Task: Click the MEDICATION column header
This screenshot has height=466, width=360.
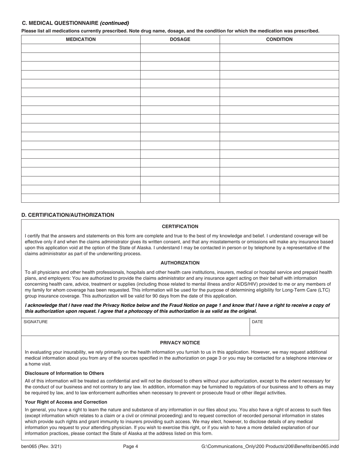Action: pyautogui.click(x=81, y=39)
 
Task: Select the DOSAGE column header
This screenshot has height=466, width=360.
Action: pyautogui.click(x=180, y=39)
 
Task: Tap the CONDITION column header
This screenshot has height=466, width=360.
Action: pyautogui.click(x=279, y=39)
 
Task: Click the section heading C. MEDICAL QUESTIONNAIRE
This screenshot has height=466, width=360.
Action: pyautogui.click(x=60, y=23)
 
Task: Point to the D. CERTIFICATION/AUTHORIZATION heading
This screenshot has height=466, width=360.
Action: pyautogui.click(x=68, y=215)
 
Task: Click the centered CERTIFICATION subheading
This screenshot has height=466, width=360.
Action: pyautogui.click(x=180, y=227)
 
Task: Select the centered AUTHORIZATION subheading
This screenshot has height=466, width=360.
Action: pyautogui.click(x=180, y=263)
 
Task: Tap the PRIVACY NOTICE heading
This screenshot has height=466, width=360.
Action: pyautogui.click(x=180, y=343)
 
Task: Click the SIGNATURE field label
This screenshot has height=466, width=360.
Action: pyautogui.click(x=36, y=322)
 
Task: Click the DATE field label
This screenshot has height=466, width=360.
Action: pyautogui.click(x=257, y=322)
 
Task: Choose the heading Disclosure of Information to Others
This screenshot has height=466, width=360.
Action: pyautogui.click(x=64, y=373)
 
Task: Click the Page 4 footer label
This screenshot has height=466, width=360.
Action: pyautogui.click(x=131, y=447)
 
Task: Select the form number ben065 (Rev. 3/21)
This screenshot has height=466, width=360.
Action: pyautogui.click(x=41, y=447)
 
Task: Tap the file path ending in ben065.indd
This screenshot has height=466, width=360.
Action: pyautogui.click(x=270, y=447)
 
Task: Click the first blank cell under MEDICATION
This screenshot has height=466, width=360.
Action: pyautogui.click(x=81, y=48)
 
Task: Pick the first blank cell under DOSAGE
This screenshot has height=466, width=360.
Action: pyautogui.click(x=180, y=48)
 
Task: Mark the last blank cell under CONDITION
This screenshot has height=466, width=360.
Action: pyautogui.click(x=279, y=198)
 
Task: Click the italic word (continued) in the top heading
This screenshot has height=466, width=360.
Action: pyautogui.click(x=114, y=23)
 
